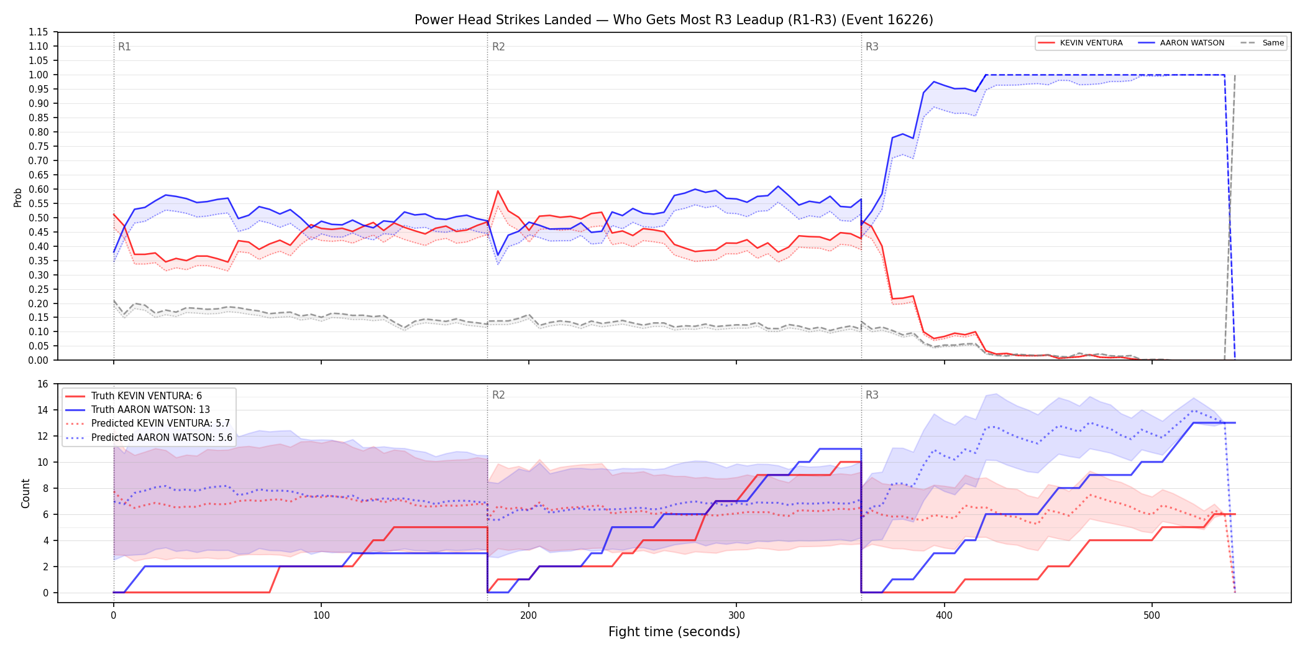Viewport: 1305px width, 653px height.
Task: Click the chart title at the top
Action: coord(674,20)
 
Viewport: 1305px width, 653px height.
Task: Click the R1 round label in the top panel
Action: coord(124,47)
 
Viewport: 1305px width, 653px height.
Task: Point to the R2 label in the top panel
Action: coord(498,47)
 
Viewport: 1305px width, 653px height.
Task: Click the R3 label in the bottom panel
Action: coord(872,395)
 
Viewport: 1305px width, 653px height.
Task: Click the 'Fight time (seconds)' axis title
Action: coord(674,632)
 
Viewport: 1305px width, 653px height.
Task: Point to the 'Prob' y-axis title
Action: coord(18,197)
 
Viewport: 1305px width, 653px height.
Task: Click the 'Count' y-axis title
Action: coord(25,493)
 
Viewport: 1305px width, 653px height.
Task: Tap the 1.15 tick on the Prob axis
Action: coord(39,32)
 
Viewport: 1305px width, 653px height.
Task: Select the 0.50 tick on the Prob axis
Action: coord(39,218)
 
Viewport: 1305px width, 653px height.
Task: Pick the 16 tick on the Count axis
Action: coord(43,384)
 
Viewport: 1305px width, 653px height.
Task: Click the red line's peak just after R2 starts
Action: coord(498,191)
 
